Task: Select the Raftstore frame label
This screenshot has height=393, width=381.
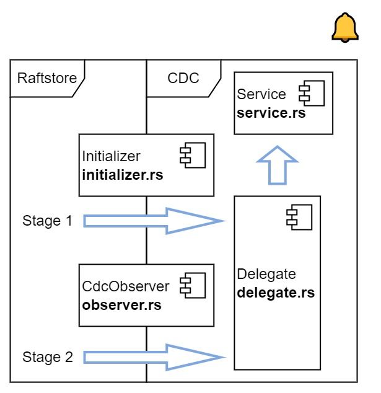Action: [x=47, y=78]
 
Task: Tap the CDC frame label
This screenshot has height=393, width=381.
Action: [x=183, y=78]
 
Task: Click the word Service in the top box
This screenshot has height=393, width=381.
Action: [x=262, y=94]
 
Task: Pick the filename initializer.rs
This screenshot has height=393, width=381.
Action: [x=123, y=175]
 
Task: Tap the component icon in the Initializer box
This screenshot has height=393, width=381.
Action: [x=193, y=156]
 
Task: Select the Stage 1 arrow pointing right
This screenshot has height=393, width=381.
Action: [x=152, y=221]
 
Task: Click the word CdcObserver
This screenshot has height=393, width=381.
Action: [x=126, y=286]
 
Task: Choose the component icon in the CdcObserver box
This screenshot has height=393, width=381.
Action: [x=193, y=286]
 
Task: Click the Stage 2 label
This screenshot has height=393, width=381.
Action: [x=48, y=357]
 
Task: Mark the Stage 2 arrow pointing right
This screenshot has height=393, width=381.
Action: [x=152, y=357]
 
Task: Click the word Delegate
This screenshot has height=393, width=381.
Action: [x=267, y=274]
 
